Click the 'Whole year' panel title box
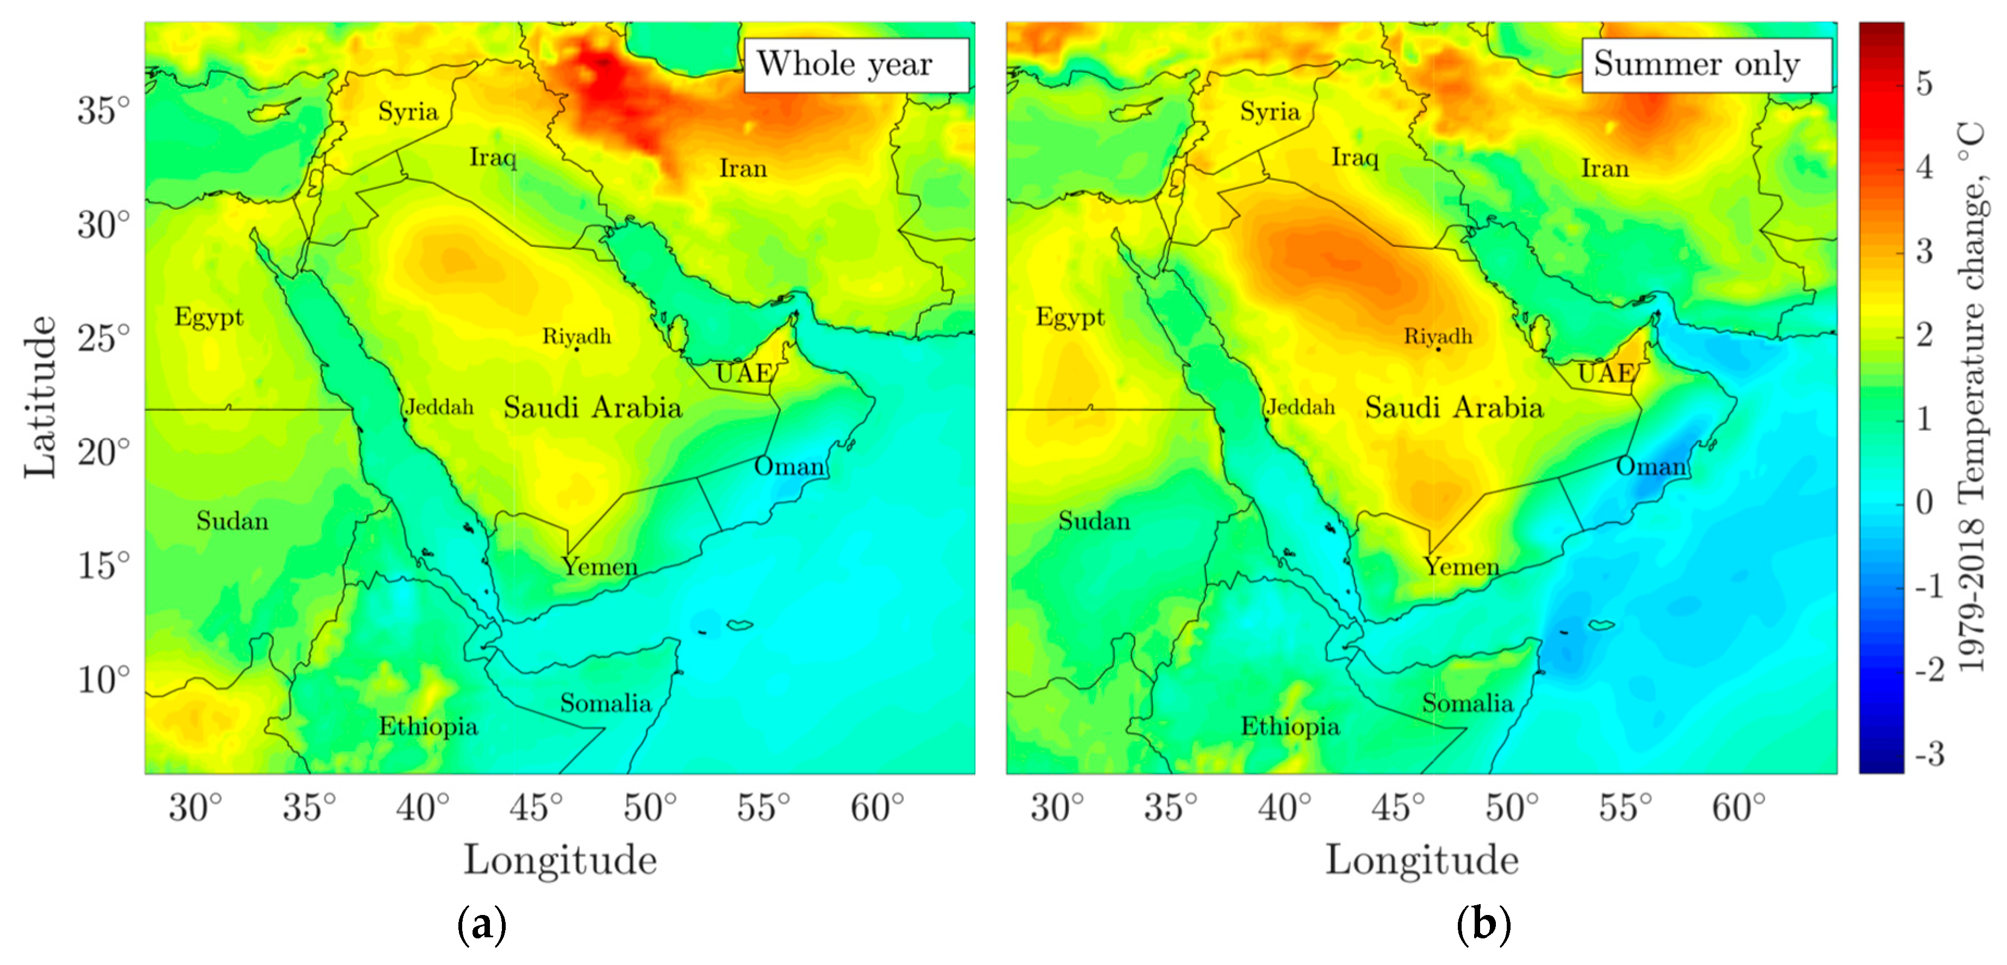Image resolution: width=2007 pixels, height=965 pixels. click(x=855, y=65)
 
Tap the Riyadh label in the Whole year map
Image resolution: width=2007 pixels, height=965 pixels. click(x=576, y=337)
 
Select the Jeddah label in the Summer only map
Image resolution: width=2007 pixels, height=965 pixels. click(x=1300, y=407)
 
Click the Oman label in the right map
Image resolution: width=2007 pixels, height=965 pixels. click(x=1651, y=466)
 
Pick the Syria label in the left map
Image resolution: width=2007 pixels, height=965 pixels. click(x=408, y=111)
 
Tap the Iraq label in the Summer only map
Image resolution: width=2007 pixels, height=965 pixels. click(x=1355, y=157)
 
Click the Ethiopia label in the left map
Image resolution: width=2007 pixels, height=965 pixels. click(x=428, y=727)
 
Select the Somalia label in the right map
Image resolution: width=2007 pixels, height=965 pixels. click(x=1467, y=703)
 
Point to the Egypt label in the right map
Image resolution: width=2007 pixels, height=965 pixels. click(x=1070, y=317)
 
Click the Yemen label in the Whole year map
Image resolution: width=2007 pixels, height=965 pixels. click(x=600, y=566)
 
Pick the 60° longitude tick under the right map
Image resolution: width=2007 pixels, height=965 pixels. click(x=1738, y=807)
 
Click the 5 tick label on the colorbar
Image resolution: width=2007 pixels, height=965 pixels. click(x=1924, y=83)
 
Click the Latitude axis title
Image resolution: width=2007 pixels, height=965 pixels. click(x=41, y=397)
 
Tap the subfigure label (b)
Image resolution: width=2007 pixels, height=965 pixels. click(x=1483, y=925)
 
